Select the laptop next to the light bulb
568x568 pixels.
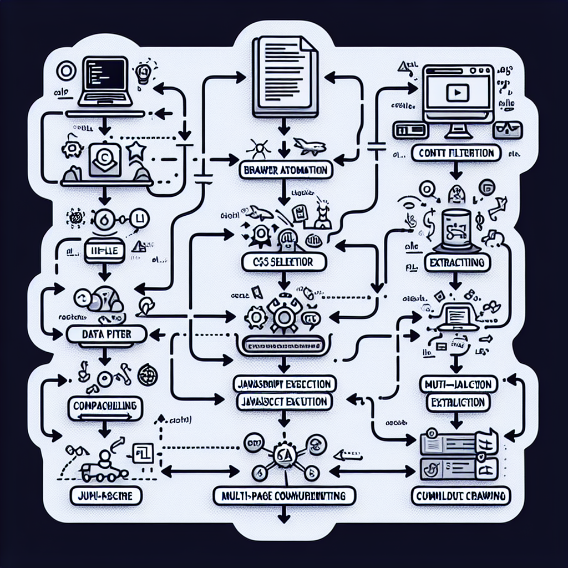[x=108, y=83]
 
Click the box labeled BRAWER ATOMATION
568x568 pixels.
[x=285, y=170]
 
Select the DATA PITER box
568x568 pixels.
[x=105, y=333]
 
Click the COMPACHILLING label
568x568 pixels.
[x=105, y=405]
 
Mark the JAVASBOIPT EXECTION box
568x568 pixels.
[x=284, y=384]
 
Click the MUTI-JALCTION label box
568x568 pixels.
[x=457, y=384]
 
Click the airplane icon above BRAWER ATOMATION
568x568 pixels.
[x=308, y=147]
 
